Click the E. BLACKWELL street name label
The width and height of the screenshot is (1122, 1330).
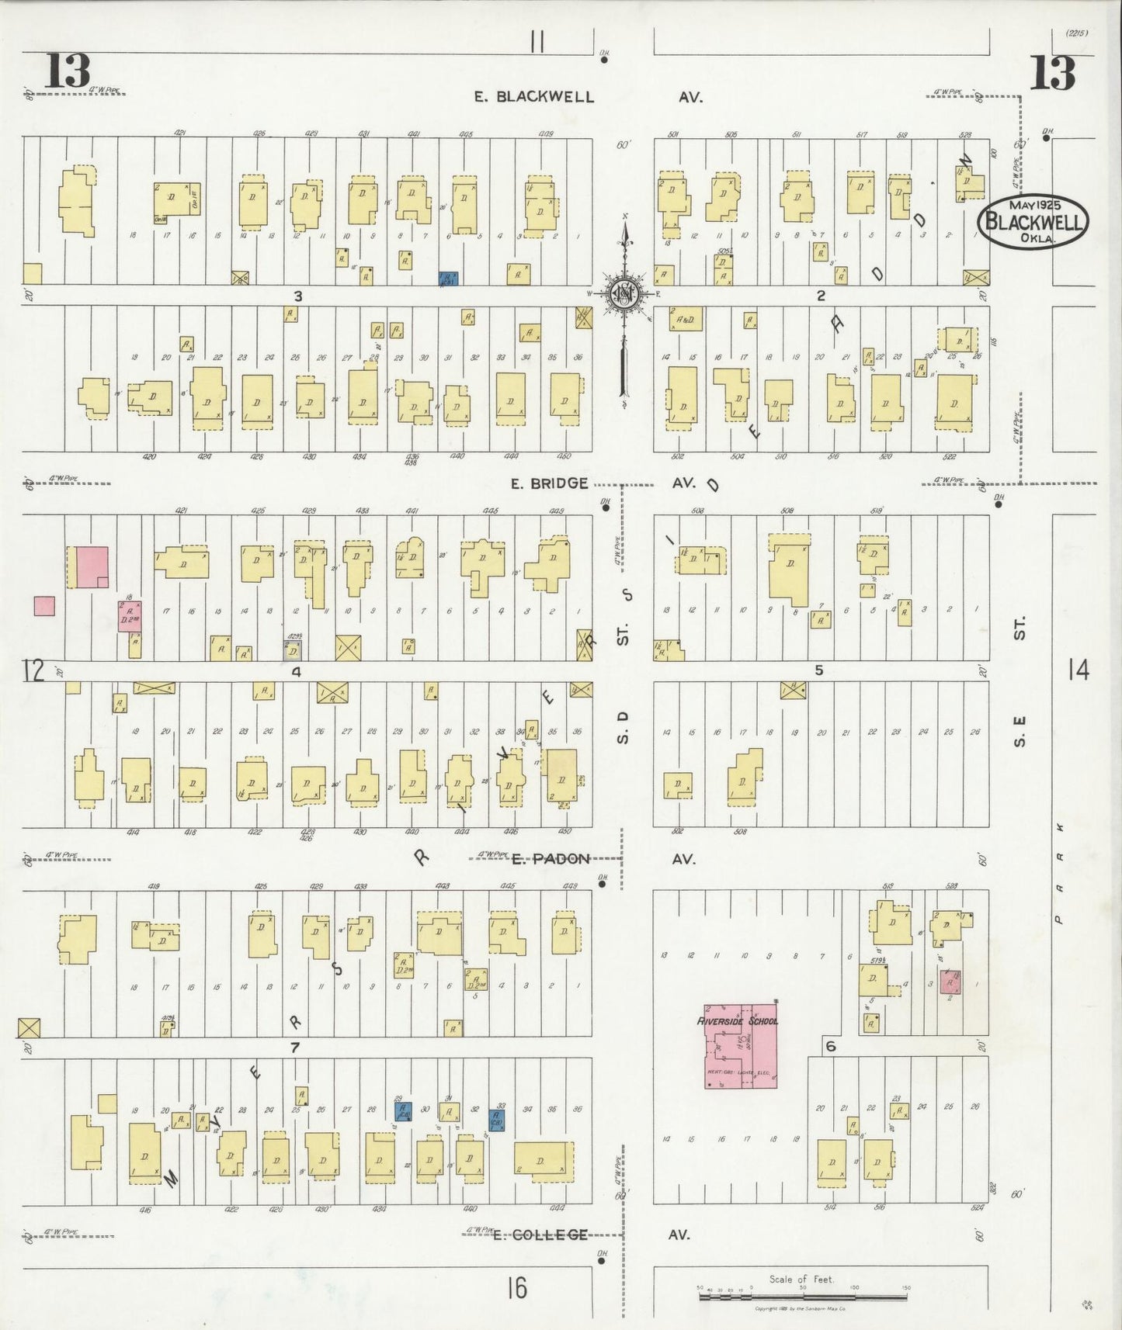535,97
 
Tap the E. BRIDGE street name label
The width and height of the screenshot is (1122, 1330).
549,483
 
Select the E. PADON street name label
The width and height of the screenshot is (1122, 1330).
551,858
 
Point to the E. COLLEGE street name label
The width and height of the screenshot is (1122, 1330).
540,1234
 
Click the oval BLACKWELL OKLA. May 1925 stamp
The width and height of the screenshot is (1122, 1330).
1033,223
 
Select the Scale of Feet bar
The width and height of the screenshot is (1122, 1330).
802,1295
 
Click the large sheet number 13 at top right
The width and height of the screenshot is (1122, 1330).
1053,74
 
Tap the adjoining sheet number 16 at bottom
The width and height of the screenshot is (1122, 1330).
516,1287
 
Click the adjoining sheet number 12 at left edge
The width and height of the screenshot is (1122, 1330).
33,670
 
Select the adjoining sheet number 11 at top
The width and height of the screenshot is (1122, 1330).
537,42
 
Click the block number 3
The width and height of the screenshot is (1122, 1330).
297,296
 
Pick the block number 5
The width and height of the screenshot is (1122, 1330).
818,670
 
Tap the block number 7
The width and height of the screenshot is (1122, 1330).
294,1048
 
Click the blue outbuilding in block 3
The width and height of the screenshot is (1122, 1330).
447,280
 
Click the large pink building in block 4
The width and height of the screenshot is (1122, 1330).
92,566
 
